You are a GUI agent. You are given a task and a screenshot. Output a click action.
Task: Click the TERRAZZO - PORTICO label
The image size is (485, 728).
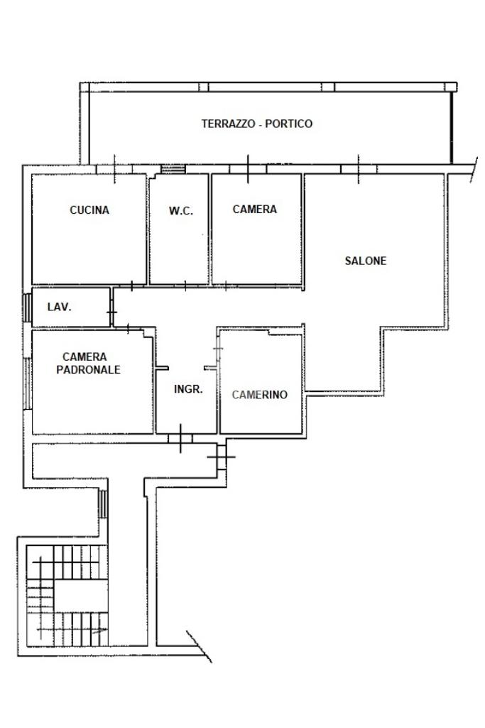click(256, 124)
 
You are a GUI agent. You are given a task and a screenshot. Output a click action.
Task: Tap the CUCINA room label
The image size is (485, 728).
click(89, 210)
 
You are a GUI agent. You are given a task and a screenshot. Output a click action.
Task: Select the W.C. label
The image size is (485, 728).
click(180, 211)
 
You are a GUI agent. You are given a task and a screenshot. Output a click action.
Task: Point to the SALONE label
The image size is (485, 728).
click(365, 261)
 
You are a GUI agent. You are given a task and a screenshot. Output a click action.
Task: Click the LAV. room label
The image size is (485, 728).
click(60, 307)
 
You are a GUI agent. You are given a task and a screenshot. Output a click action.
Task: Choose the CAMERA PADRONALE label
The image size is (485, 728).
click(88, 363)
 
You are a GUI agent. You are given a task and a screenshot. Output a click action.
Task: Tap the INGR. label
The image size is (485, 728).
click(188, 389)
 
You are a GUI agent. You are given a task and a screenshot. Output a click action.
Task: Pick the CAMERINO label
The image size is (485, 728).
click(259, 395)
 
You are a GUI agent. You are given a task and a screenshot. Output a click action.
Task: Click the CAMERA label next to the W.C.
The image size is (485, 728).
click(255, 210)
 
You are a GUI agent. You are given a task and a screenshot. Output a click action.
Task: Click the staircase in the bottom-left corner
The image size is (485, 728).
click(67, 596)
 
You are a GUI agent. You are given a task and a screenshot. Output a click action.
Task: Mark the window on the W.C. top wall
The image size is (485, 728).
click(173, 169)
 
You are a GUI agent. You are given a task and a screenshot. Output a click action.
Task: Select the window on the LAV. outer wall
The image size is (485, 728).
click(28, 307)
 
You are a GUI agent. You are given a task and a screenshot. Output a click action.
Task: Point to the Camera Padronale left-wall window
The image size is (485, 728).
click(28, 383)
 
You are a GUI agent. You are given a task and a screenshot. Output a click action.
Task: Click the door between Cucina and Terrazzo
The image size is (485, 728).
click(114, 169)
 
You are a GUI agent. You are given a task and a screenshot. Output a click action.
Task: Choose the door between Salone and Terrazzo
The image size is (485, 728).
click(359, 169)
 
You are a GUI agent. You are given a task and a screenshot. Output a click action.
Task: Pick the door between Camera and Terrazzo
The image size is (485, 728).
click(248, 169)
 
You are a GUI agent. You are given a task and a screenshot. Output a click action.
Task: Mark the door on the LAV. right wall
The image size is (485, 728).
click(112, 312)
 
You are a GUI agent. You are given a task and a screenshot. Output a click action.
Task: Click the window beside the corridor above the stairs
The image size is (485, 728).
click(103, 504)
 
